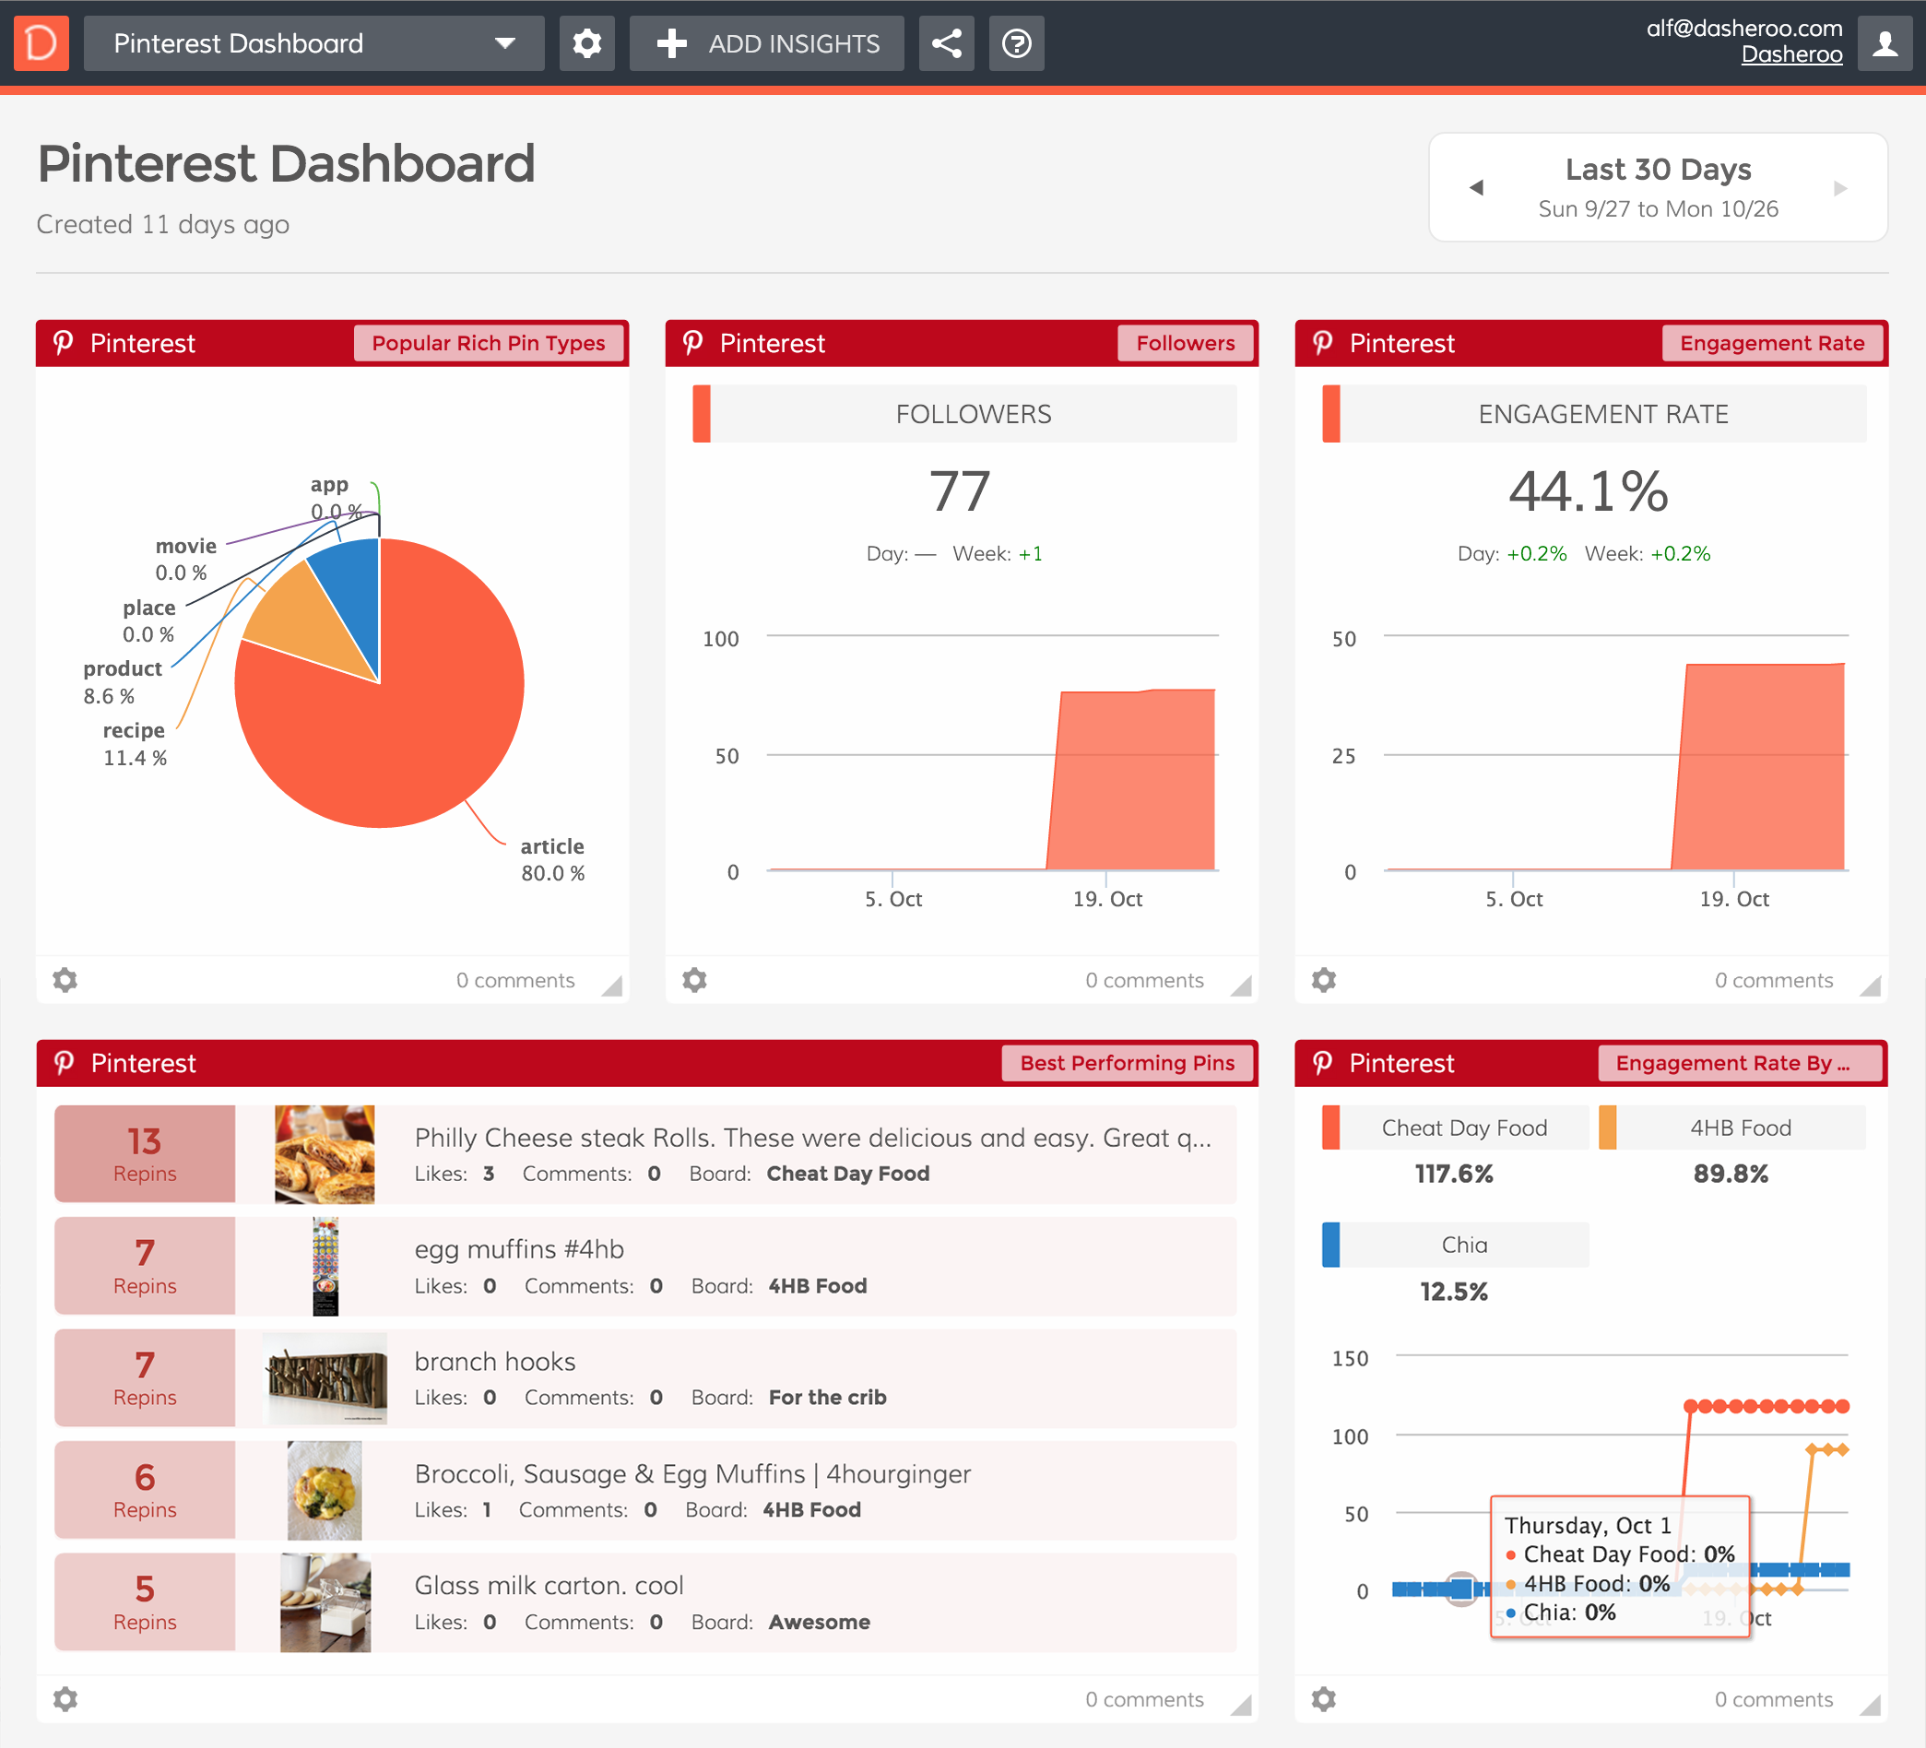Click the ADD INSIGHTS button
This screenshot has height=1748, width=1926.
766,43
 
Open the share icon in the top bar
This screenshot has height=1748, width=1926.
946,43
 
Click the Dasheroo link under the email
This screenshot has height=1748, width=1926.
1791,54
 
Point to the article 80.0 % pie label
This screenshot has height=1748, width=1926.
552,859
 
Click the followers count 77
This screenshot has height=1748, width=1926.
960,491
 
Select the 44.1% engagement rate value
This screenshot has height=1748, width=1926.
1588,491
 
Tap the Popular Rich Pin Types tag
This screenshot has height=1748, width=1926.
489,343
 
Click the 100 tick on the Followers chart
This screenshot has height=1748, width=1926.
720,638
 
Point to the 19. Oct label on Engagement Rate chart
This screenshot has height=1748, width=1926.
1734,899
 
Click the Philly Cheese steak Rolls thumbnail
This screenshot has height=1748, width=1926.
324,1154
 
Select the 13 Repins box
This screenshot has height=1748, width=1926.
144,1154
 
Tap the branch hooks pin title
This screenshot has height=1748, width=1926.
495,1361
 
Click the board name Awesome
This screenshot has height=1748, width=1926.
819,1622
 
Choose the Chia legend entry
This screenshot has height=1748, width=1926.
1463,1245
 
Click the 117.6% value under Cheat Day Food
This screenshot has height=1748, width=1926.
1453,1174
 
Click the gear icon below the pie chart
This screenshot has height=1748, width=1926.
65,980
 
